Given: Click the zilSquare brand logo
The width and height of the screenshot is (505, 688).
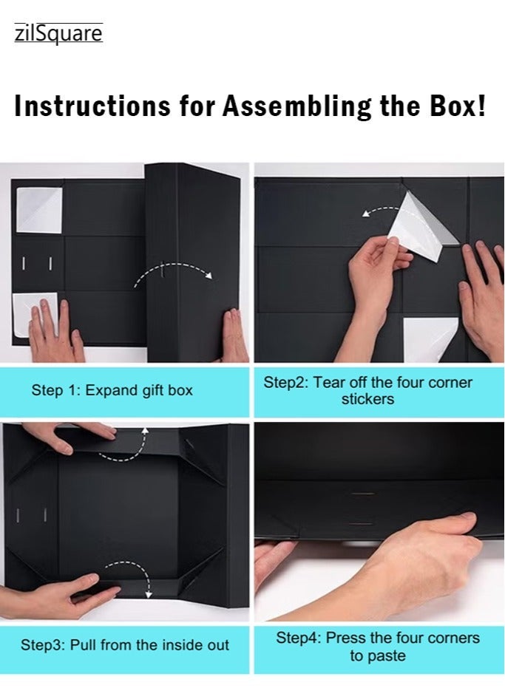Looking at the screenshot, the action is tap(58, 33).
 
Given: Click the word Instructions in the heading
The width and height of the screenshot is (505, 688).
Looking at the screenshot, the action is tap(92, 106).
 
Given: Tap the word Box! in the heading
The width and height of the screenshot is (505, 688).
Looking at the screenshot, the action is tap(458, 106).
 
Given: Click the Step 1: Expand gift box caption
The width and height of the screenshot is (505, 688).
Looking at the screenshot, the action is tap(112, 390).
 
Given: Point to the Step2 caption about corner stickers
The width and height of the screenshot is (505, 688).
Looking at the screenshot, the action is tap(368, 390).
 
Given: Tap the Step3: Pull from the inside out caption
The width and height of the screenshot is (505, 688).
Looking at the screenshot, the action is tap(125, 645).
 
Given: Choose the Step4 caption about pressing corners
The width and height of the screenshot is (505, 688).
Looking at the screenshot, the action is tap(378, 647).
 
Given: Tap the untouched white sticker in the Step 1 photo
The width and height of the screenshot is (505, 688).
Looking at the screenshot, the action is tap(39, 210).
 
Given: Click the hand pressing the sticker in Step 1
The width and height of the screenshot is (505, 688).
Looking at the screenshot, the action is tap(55, 329).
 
